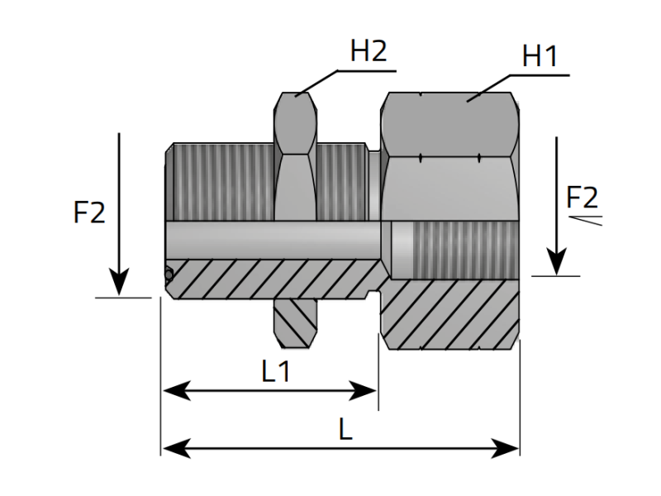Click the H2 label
pos(369,51)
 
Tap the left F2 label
pos(89,212)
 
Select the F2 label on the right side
pos(583,198)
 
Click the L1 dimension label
pos(276,372)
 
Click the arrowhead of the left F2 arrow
pos(120,285)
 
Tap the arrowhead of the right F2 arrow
pos(557,265)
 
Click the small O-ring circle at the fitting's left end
pos(169,274)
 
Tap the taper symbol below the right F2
pos(586,219)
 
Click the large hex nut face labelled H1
pos(450,124)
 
